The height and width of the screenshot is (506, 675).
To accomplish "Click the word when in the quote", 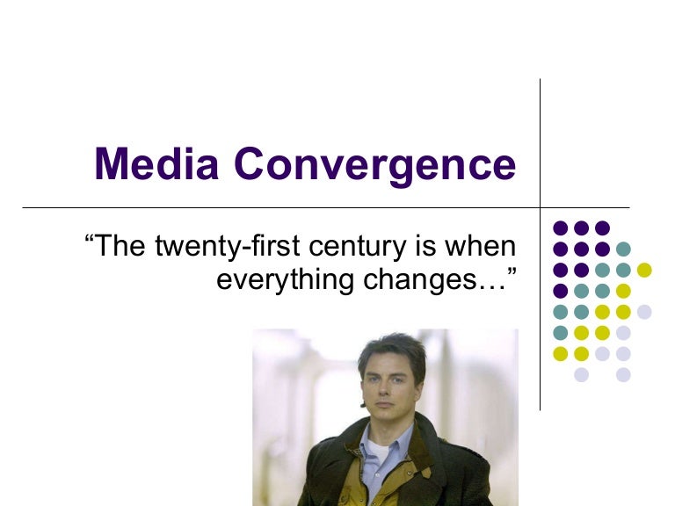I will pos(482,246).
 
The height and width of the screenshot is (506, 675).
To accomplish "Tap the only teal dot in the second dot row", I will pos(624,248).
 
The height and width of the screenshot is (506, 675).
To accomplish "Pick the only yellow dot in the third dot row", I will pos(645,269).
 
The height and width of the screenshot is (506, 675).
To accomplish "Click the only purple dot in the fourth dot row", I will pos(560,290).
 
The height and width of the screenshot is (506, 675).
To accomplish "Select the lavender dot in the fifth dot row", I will pos(645,311).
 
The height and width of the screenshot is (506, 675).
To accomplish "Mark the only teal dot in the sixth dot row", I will pos(560,332).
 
